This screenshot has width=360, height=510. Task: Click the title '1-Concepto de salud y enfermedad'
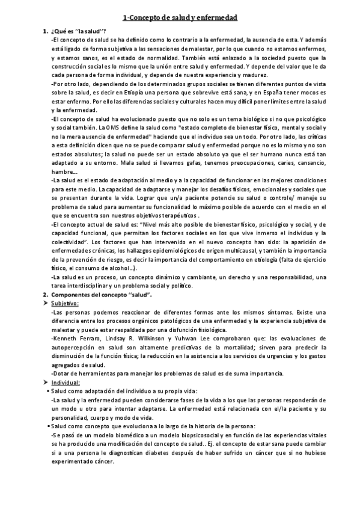click(180, 18)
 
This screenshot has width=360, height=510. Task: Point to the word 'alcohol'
click(122, 267)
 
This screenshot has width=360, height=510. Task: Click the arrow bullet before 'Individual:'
click(45, 382)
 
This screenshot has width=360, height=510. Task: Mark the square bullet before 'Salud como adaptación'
click(48, 391)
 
